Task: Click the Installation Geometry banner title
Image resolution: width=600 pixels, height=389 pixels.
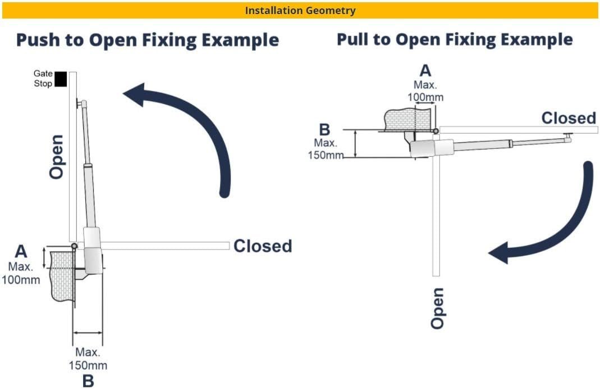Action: point(300,10)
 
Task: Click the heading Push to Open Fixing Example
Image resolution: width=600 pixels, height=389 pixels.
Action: point(147,40)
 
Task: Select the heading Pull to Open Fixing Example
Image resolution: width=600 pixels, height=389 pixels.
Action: point(454,39)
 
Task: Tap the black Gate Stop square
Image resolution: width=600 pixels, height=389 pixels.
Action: point(61,79)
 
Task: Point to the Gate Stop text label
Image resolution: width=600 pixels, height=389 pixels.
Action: point(43,79)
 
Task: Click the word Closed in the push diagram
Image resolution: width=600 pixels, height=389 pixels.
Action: point(263,246)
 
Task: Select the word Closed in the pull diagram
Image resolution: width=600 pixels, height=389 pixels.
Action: point(568,118)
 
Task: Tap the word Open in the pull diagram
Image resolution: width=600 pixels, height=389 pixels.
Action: point(438,307)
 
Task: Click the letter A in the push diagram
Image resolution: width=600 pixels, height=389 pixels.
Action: point(21,251)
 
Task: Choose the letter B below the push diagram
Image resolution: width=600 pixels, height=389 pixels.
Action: point(88,381)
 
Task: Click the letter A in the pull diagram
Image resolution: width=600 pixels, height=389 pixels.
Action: point(426,71)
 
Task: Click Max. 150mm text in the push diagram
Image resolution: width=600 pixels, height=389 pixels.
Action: point(88,359)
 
